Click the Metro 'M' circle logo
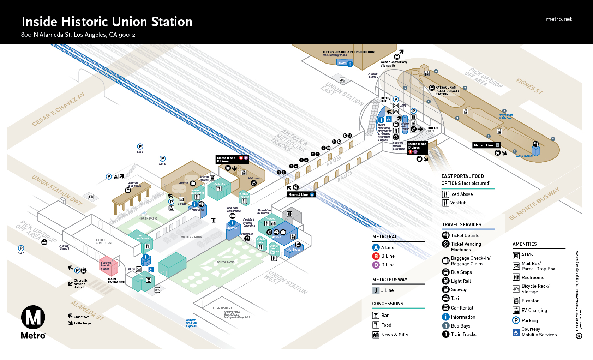33,317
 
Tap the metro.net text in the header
558,19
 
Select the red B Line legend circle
376,256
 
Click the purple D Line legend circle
376,265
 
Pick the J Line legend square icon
376,290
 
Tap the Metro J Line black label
486,145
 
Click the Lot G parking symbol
140,146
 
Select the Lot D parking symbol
162,159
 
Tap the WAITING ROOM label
192,237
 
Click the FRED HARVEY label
222,308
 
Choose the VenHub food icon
445,203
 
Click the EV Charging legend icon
516,311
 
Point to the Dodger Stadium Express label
191,323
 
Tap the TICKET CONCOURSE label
104,241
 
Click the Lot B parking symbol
21,248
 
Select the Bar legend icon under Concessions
376,316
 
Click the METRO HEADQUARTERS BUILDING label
349,52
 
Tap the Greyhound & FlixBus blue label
505,117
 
